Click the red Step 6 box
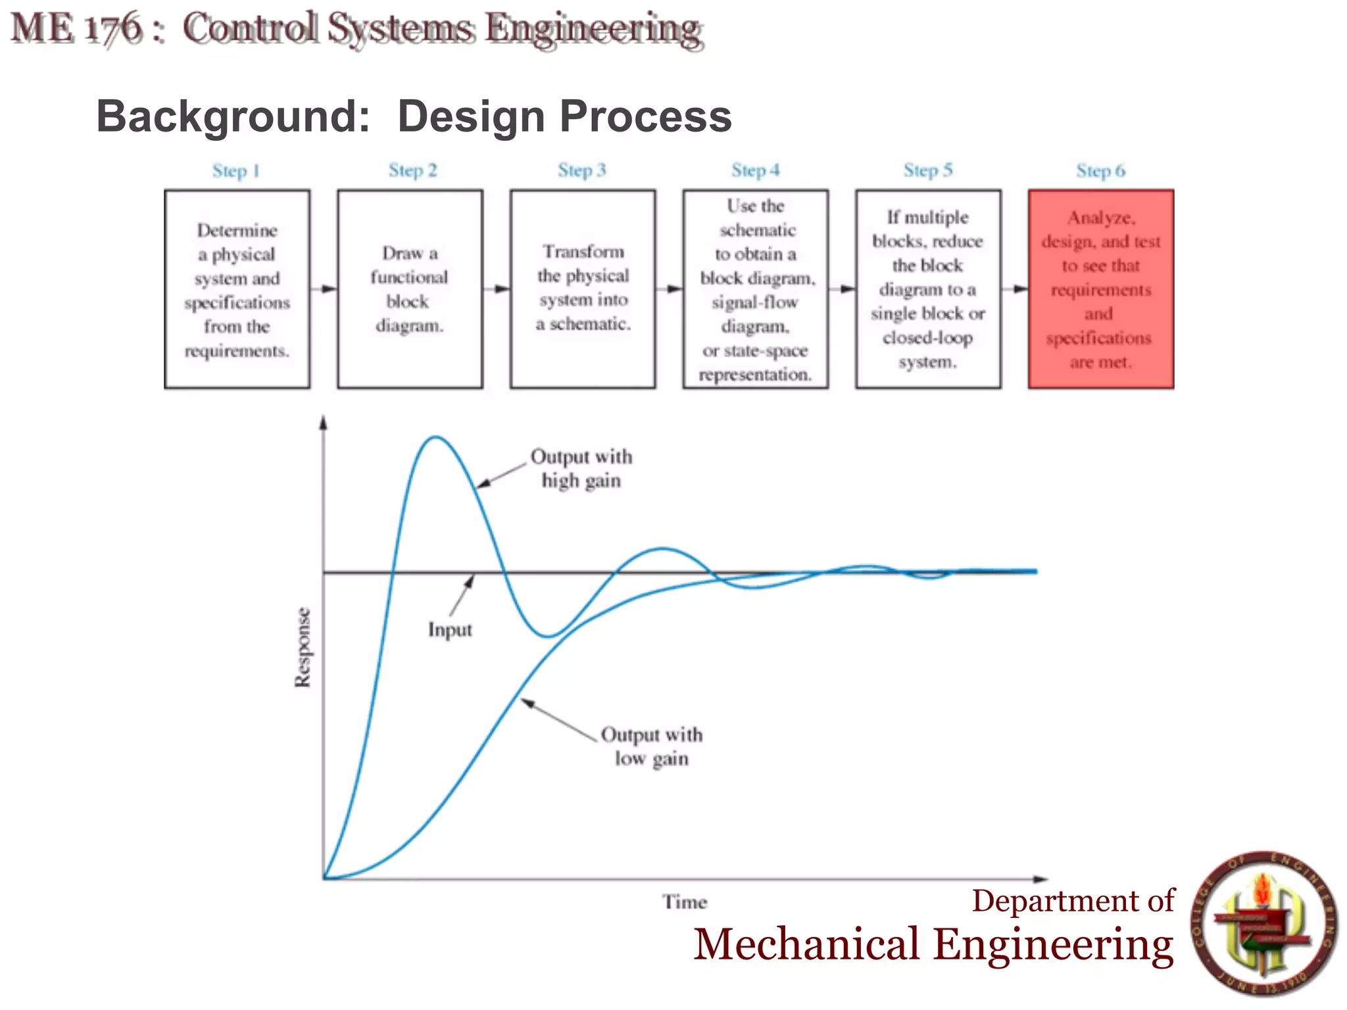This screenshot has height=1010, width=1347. [x=1100, y=289]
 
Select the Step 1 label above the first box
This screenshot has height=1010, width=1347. [x=236, y=171]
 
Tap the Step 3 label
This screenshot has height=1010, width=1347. [x=581, y=170]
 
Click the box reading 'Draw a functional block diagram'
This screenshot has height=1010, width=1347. [x=410, y=289]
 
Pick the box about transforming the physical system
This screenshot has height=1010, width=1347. [x=583, y=289]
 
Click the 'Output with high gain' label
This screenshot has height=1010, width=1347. [x=581, y=468]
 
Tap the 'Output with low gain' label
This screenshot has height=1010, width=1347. [x=652, y=746]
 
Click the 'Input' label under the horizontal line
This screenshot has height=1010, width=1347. [x=450, y=630]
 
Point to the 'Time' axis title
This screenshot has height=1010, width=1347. [x=685, y=902]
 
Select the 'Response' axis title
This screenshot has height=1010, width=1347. [x=303, y=648]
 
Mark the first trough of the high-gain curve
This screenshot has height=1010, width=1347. [x=548, y=636]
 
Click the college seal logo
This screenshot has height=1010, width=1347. [x=1263, y=924]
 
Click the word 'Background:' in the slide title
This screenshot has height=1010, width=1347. [x=233, y=116]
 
